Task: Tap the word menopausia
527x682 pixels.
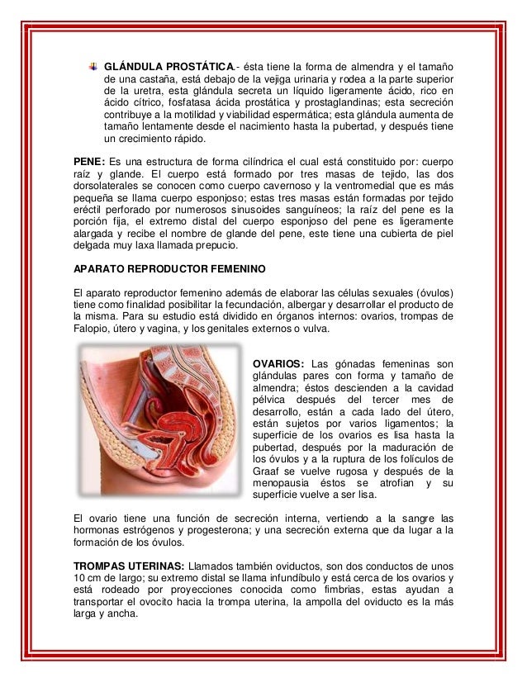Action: click(x=284, y=483)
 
